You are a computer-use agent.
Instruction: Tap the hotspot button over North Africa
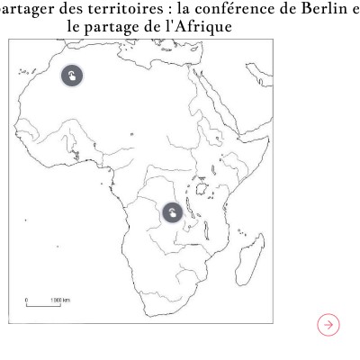tap(73, 76)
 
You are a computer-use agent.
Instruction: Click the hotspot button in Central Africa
tap(171, 213)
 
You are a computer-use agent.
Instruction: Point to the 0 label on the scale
tap(28, 299)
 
